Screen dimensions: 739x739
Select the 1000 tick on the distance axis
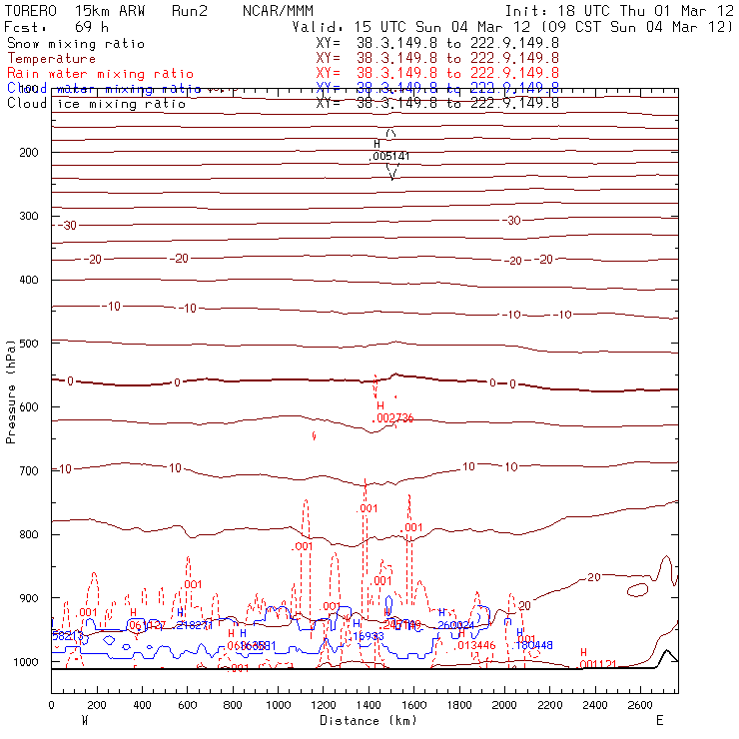point(278,705)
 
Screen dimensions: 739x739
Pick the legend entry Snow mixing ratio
point(76,44)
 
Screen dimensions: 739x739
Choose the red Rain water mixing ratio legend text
point(87,74)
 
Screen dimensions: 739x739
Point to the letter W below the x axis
point(84,720)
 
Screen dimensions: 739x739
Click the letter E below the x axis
point(659,720)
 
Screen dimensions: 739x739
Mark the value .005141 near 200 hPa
point(390,157)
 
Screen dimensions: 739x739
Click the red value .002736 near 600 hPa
point(393,418)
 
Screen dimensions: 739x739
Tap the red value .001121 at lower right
point(599,664)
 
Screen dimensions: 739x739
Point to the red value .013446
point(475,646)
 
